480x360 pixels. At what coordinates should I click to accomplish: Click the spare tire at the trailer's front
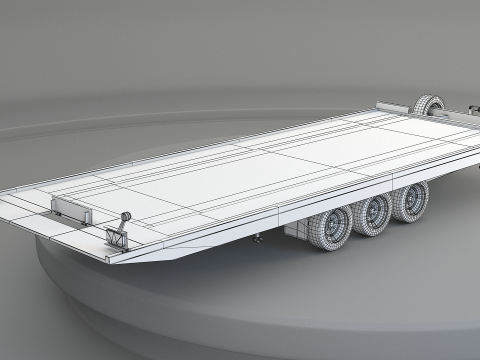pyautogui.click(x=428, y=106)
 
